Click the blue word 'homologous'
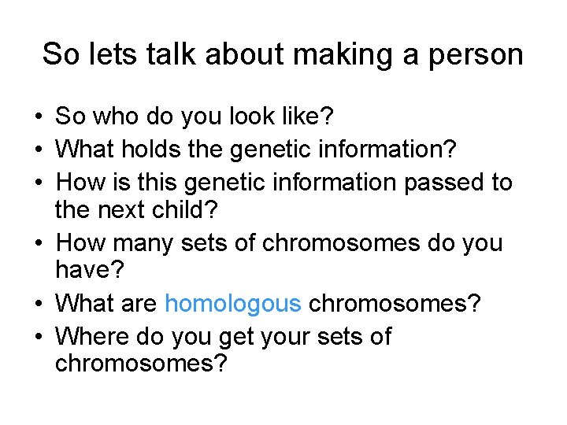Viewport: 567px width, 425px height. (x=233, y=303)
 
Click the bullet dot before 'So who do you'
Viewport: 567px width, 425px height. (x=38, y=118)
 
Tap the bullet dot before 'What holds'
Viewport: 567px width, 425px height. (x=38, y=149)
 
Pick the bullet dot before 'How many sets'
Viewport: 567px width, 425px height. (x=38, y=244)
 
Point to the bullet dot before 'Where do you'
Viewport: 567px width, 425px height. (x=38, y=338)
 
